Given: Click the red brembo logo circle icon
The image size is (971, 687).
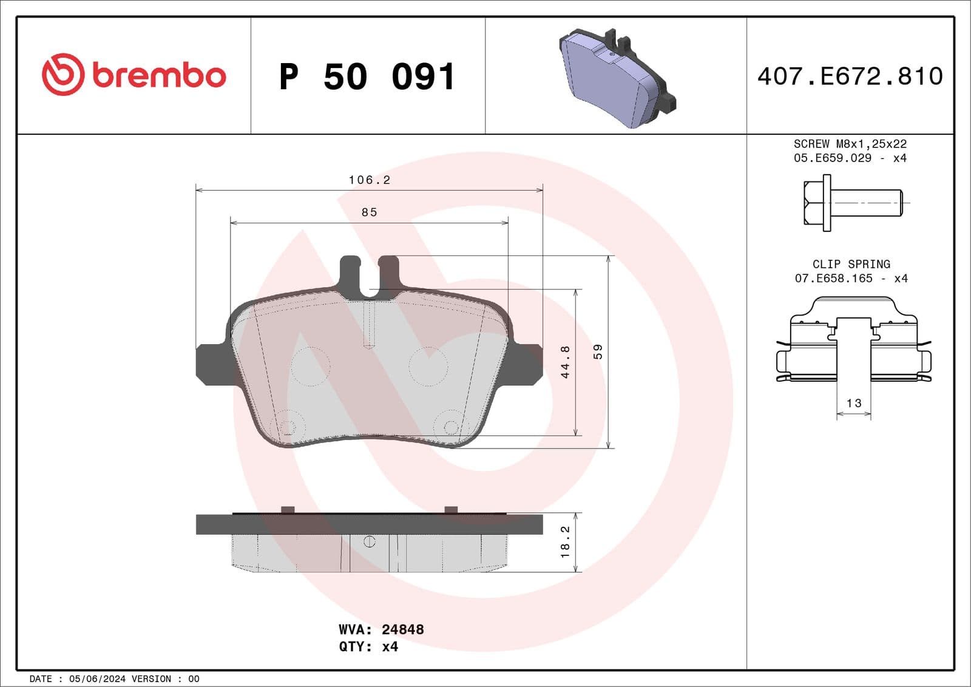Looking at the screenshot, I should pyautogui.click(x=63, y=75).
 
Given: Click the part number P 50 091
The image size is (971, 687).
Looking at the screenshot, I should pyautogui.click(x=367, y=77).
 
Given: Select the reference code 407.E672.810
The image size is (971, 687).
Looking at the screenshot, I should pyautogui.click(x=850, y=76).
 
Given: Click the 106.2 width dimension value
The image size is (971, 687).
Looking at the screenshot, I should pyautogui.click(x=369, y=180).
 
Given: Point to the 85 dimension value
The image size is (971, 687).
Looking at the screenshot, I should pyautogui.click(x=369, y=212).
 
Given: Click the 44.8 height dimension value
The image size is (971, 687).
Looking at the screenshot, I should pyautogui.click(x=565, y=362).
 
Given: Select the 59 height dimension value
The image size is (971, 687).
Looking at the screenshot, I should pyautogui.click(x=598, y=352).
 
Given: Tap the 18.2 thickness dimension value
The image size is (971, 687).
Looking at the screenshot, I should pyautogui.click(x=565, y=542).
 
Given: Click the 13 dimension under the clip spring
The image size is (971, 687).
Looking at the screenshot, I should pyautogui.click(x=854, y=403).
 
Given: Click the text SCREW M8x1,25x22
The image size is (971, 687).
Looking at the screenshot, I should pyautogui.click(x=850, y=144).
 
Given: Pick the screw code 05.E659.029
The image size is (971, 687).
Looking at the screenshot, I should pyautogui.click(x=832, y=158).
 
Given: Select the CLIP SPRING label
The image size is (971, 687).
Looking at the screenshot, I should pyautogui.click(x=851, y=264).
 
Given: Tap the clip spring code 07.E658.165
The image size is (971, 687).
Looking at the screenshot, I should pyautogui.click(x=833, y=278).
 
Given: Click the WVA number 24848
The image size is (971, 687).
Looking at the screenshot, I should pyautogui.click(x=402, y=629).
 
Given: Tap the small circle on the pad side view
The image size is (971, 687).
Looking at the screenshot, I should pyautogui.click(x=369, y=541).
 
